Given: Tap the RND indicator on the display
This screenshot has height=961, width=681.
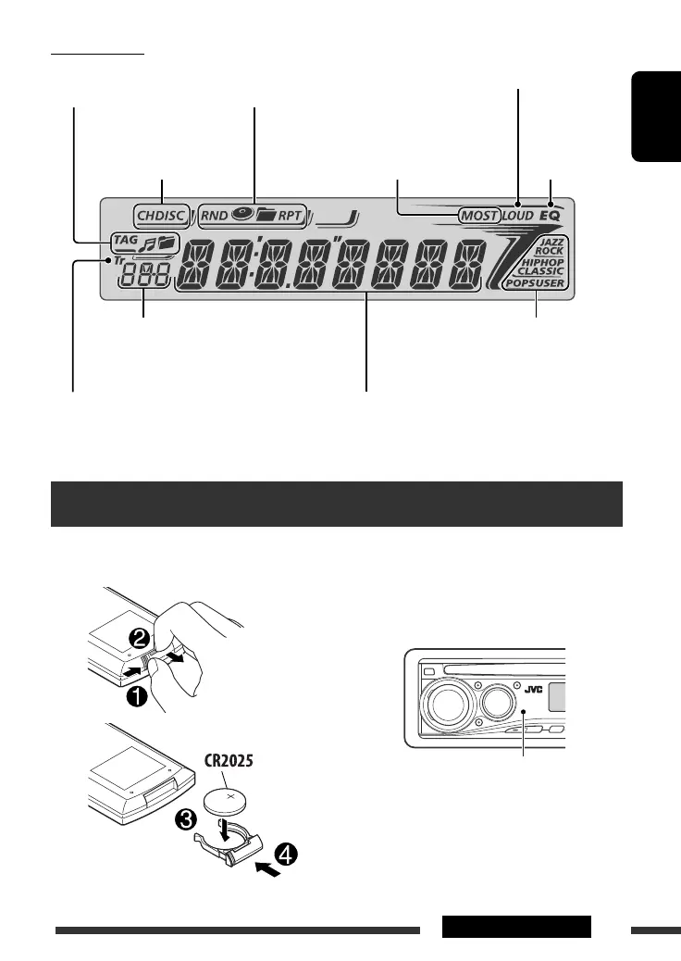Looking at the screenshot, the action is click(x=215, y=218).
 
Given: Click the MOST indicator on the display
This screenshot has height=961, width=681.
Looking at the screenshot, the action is click(x=479, y=216).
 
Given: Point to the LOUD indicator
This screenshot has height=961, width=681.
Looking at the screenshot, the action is click(x=517, y=216).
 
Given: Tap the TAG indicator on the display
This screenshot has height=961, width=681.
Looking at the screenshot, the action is click(x=124, y=242).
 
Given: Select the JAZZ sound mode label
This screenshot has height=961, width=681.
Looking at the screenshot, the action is click(x=551, y=242).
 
